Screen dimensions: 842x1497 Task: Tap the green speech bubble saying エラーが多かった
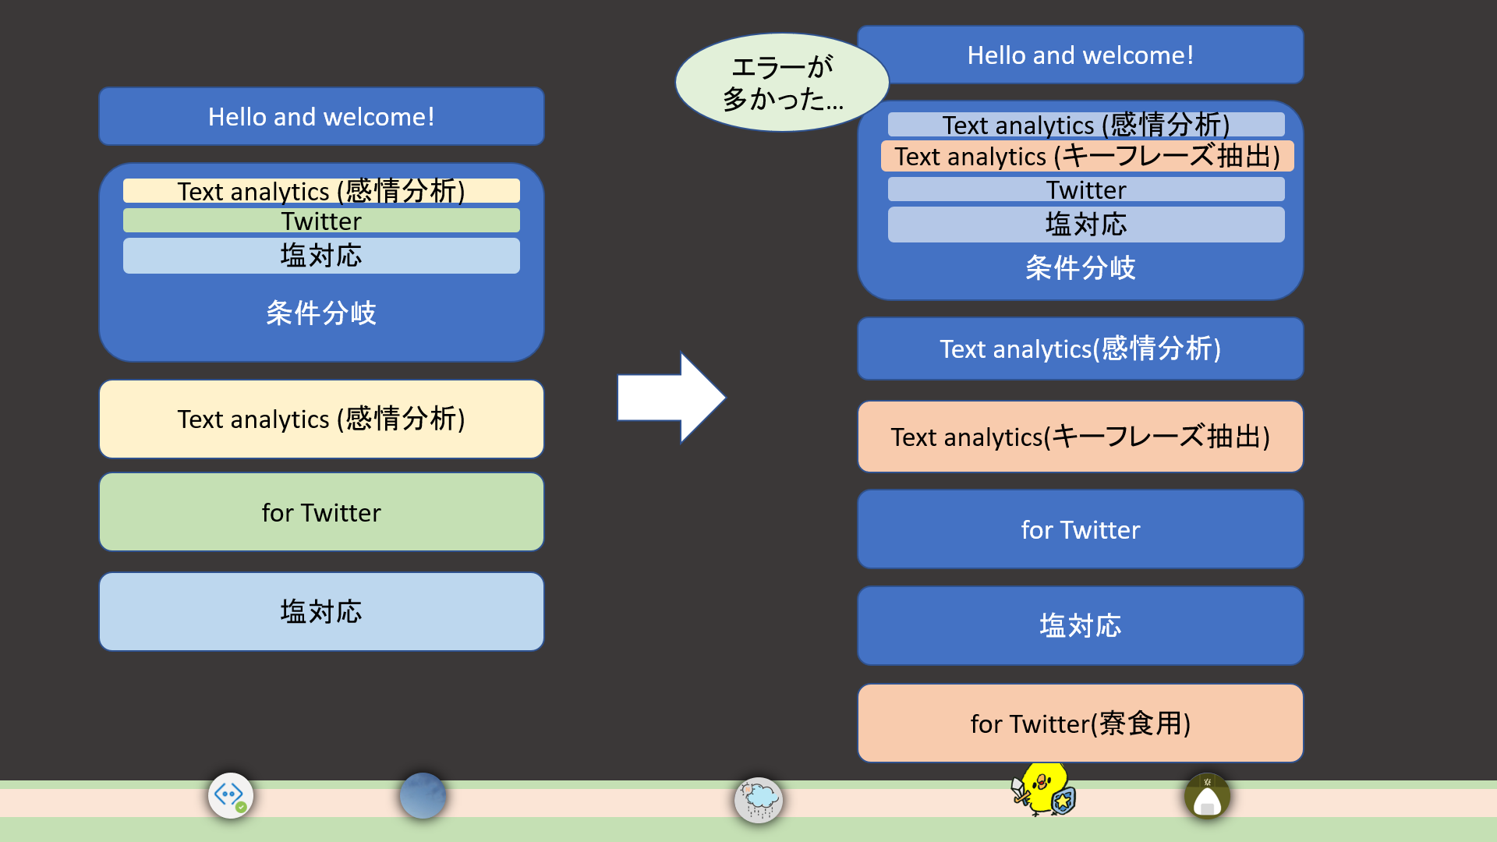tap(781, 83)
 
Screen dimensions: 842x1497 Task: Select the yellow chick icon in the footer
tap(1043, 790)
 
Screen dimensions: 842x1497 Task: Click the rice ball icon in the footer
tap(1207, 796)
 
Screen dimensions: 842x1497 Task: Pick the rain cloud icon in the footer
tap(758, 799)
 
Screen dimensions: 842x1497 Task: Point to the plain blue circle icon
tap(423, 796)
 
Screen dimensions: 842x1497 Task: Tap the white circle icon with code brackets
tap(231, 796)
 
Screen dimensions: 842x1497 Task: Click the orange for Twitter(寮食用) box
tap(1080, 723)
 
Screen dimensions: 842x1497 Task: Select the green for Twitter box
tap(321, 512)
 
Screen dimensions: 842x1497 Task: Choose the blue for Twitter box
tap(1080, 529)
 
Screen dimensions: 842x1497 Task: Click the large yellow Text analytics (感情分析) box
tap(321, 419)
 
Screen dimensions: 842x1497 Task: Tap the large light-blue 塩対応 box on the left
tap(321, 611)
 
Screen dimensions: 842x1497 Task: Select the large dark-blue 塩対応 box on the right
tap(1080, 625)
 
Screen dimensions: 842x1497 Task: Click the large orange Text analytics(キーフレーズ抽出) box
tap(1080, 437)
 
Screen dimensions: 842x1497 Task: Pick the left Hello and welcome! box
tap(321, 116)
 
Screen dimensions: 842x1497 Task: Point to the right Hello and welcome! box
tap(1080, 55)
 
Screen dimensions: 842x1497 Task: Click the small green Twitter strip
tap(321, 221)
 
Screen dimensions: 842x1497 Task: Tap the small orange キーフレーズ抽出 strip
tap(1087, 156)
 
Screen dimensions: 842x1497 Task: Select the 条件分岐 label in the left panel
tap(321, 313)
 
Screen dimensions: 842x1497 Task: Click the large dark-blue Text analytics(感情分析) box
tap(1080, 348)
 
